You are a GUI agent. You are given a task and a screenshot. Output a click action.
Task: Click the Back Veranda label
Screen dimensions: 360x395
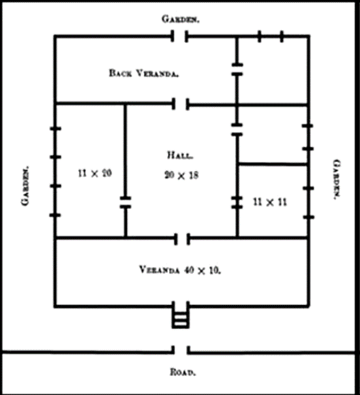coord(144,73)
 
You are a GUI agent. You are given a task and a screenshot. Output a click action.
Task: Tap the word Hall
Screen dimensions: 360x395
coord(181,155)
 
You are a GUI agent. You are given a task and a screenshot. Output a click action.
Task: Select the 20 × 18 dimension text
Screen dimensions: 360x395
coord(181,175)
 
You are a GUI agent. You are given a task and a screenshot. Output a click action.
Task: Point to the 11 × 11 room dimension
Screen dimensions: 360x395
coord(270,202)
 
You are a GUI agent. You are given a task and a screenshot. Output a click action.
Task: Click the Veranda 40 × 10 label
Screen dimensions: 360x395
coord(180,270)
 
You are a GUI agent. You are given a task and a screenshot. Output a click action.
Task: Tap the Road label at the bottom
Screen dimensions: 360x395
coord(183,372)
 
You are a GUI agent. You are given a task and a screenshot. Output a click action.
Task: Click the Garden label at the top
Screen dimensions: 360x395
coord(181,19)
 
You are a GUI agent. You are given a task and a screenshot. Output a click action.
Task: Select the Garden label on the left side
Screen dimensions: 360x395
coord(25,186)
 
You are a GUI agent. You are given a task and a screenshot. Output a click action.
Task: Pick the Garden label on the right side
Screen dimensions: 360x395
coord(337,179)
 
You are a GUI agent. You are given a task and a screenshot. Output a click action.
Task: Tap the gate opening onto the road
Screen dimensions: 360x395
coord(181,350)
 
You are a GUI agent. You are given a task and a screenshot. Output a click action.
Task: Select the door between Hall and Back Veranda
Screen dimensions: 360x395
coord(181,104)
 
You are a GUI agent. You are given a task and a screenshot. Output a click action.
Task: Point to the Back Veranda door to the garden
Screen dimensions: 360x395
coord(179,36)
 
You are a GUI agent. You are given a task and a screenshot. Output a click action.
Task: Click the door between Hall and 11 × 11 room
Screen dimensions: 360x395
coord(237,202)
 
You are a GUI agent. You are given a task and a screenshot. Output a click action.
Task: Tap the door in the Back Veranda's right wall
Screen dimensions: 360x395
coord(237,69)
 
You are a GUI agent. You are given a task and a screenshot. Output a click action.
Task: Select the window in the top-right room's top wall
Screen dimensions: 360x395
coord(271,36)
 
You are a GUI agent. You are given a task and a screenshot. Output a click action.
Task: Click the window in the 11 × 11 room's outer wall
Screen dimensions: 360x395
coord(309,202)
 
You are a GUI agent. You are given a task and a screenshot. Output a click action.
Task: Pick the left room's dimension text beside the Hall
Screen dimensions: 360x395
coord(95,173)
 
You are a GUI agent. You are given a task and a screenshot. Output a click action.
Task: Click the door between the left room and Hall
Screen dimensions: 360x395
coord(125,202)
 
